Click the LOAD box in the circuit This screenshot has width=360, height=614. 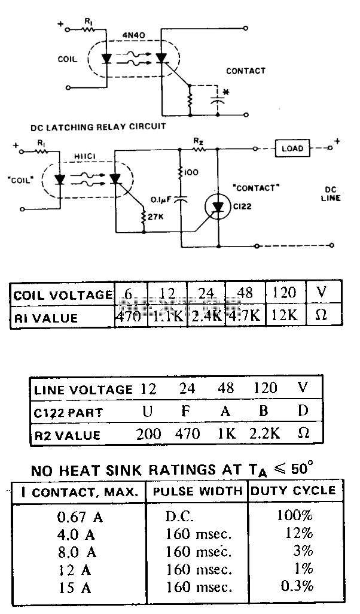pos(292,148)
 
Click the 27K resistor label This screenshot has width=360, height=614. pos(155,217)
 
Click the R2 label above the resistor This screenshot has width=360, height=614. pos(199,141)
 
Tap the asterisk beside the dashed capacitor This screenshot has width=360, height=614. pos(225,93)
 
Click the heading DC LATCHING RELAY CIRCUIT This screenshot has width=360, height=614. pos(98,127)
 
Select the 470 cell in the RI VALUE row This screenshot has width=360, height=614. pos(129,315)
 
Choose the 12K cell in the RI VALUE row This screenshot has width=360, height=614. pos(285,315)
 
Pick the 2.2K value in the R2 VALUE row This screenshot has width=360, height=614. pos(264,434)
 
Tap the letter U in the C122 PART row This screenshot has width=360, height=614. pos(148,411)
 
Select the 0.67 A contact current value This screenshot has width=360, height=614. pos(80,518)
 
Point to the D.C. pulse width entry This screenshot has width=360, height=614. pos(179,516)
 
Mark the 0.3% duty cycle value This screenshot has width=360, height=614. pos(297,586)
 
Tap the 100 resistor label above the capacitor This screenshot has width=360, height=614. pos(191,172)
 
